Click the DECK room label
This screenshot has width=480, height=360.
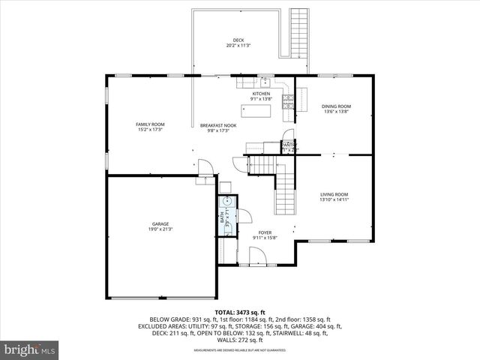pos(238,40)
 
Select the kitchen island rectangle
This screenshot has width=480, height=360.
pos(260,112)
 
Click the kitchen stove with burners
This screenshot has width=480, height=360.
pos(286,99)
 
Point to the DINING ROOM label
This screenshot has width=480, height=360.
pos(336,106)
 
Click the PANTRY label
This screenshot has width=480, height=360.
pos(288,145)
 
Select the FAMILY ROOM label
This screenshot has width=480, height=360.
pos(150,124)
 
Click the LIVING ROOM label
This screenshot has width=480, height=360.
pos(334,194)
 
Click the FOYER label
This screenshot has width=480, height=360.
pos(265,232)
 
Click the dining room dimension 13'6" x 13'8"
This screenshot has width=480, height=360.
pos(336,112)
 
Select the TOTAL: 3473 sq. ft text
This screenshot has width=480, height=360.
pos(240,312)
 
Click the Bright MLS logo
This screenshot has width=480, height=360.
pos(30,349)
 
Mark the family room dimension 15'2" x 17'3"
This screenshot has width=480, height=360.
pos(150,130)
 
